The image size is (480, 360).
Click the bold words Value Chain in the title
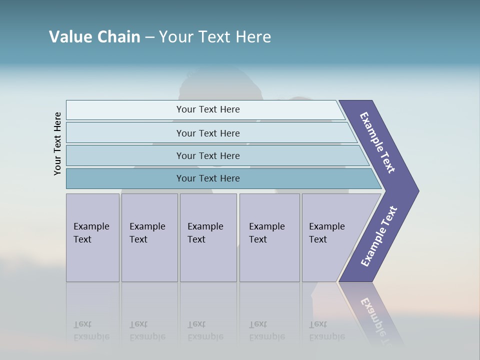[x=94, y=36]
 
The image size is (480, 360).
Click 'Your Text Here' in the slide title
[x=215, y=36]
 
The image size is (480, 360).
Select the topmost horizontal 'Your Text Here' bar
[x=207, y=109]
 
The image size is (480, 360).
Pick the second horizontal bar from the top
[x=207, y=133]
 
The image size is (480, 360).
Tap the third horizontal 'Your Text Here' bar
[x=207, y=155]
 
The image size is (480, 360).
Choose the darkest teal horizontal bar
[x=207, y=178]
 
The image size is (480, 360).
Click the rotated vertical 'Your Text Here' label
[x=57, y=143]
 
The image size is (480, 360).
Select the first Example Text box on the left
[x=92, y=237]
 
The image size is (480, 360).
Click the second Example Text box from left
[x=149, y=237]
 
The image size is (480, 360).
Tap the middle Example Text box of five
[x=208, y=237]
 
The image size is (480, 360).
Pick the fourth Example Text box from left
[x=269, y=237]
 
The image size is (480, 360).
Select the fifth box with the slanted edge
[x=330, y=237]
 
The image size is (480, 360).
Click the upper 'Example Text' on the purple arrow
[x=377, y=142]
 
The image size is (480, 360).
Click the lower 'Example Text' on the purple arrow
[x=379, y=236]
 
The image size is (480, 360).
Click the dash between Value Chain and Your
[x=149, y=37]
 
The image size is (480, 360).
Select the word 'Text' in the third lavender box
[x=196, y=239]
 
